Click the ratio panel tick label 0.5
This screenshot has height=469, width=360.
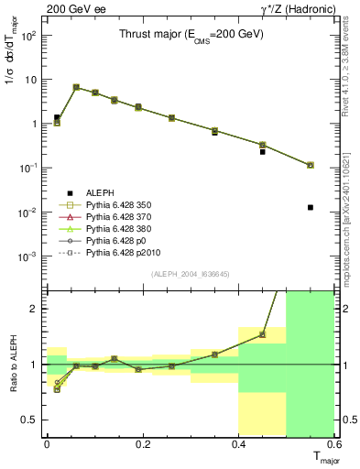[30, 420]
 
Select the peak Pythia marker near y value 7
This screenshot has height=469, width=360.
[76, 87]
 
